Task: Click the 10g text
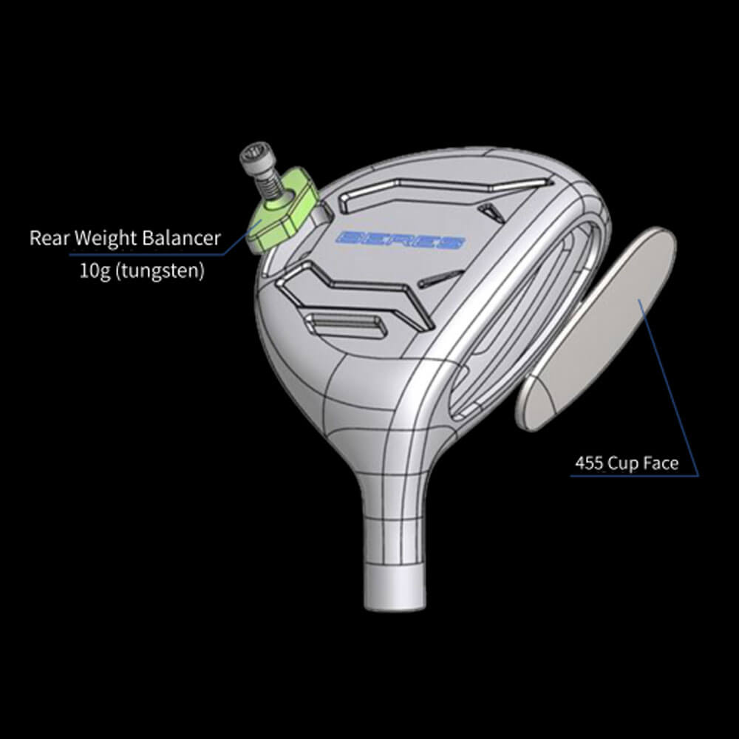pos(94,270)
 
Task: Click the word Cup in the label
pos(625,464)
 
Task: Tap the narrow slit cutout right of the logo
pos(440,279)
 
